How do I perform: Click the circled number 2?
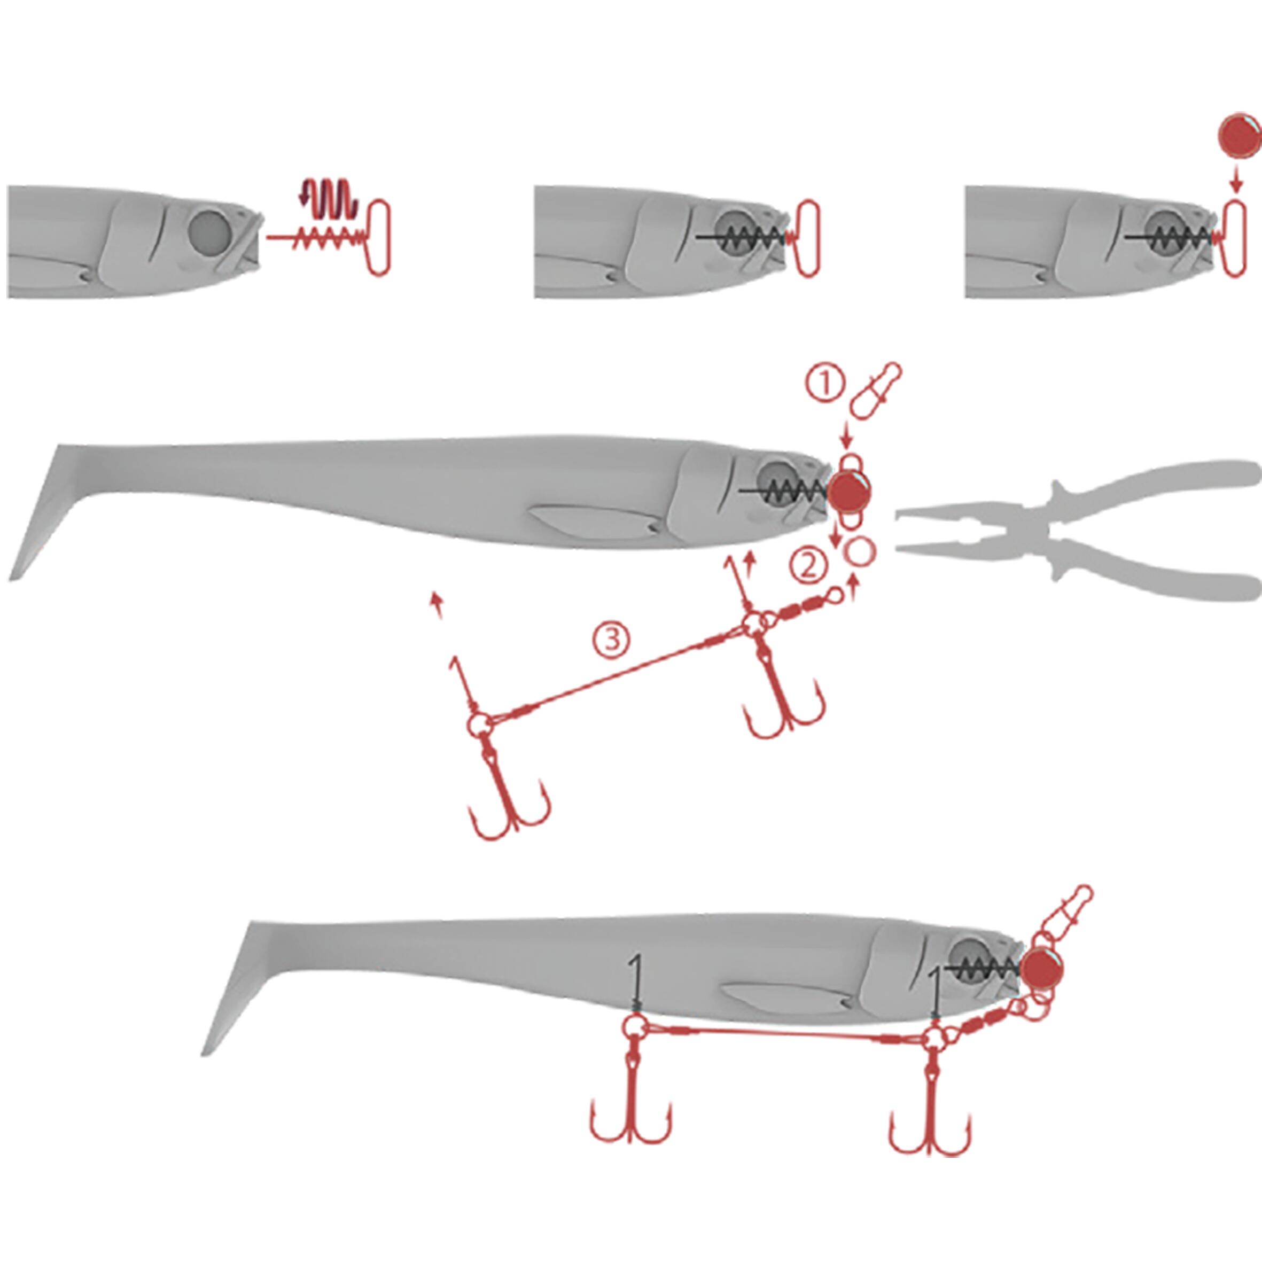(x=809, y=566)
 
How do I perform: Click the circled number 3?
(x=612, y=639)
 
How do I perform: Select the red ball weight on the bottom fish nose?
(x=1043, y=969)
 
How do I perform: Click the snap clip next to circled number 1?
(x=875, y=391)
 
